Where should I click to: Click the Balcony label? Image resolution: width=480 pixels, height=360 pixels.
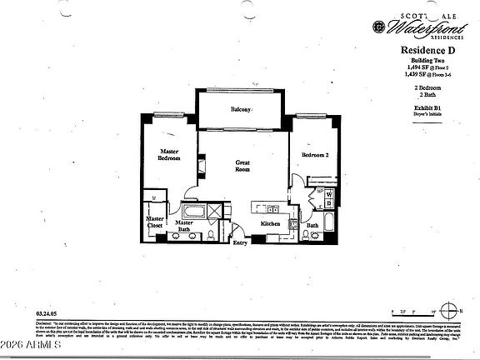242,111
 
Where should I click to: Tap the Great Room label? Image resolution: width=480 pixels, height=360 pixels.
242,166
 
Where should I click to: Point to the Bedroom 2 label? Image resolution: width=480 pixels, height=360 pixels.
316,156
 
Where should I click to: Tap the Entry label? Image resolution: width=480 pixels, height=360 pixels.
240,242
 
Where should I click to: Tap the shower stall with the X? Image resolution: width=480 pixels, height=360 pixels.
215,210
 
